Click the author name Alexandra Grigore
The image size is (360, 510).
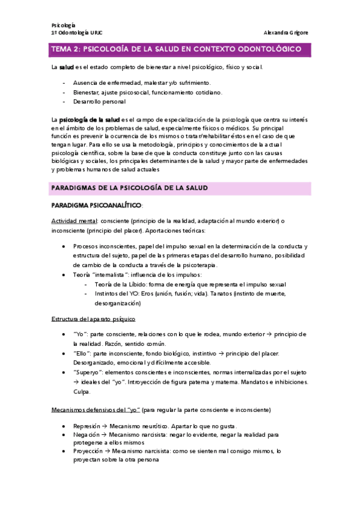pyautogui.click(x=287, y=32)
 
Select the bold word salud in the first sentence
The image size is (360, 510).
pyautogui.click(x=66, y=67)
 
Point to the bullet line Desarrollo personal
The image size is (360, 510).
pyautogui.click(x=99, y=102)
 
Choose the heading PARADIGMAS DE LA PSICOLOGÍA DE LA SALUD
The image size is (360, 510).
pyautogui.click(x=129, y=188)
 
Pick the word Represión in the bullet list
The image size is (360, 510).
pyautogui.click(x=87, y=426)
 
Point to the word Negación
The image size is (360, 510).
pyautogui.click(x=86, y=434)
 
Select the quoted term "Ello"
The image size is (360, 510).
pyautogui.click(x=82, y=353)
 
